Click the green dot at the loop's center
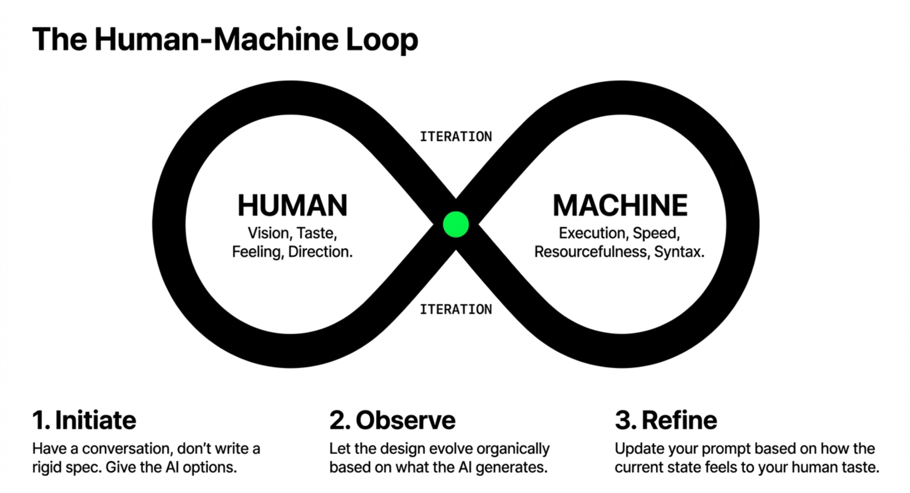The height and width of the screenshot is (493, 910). click(456, 224)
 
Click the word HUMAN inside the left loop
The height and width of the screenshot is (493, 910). click(292, 205)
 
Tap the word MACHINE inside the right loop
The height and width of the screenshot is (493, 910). click(620, 205)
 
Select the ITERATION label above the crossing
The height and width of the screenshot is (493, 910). click(456, 137)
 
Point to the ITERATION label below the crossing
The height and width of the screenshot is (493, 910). click(456, 309)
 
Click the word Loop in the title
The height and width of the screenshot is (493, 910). click(382, 40)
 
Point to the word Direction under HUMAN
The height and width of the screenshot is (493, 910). click(320, 252)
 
